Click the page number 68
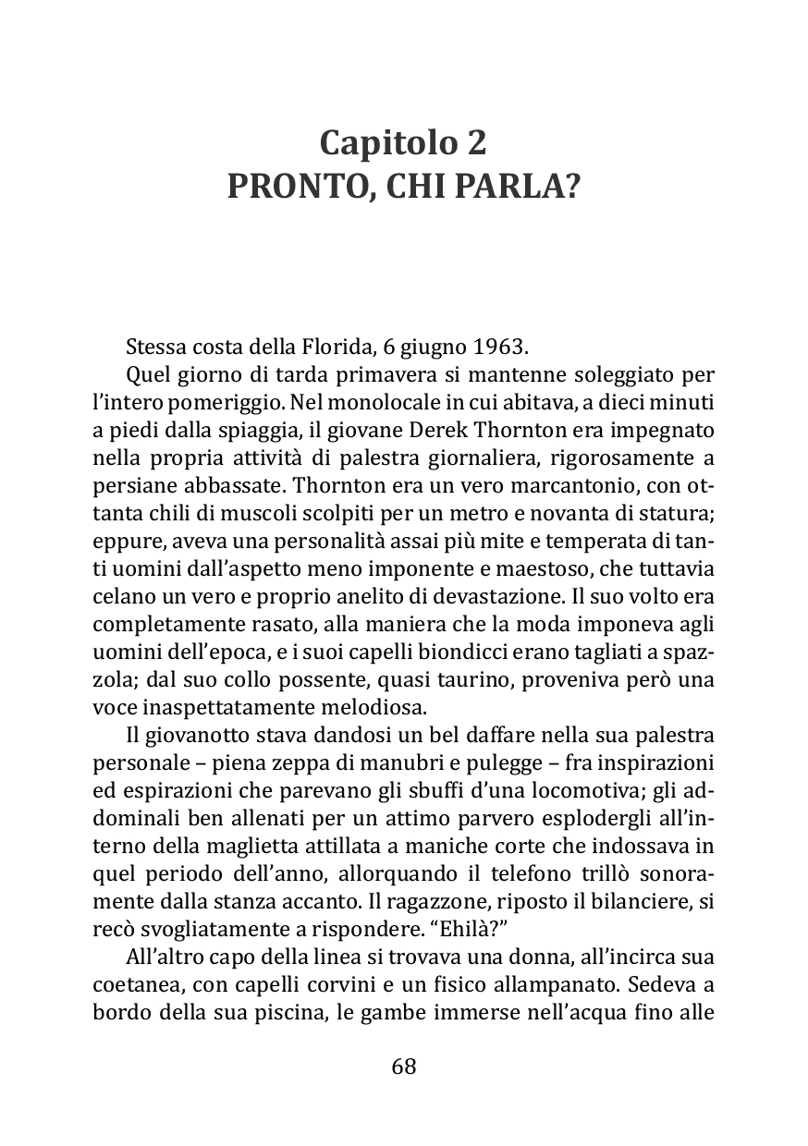coord(404,1066)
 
